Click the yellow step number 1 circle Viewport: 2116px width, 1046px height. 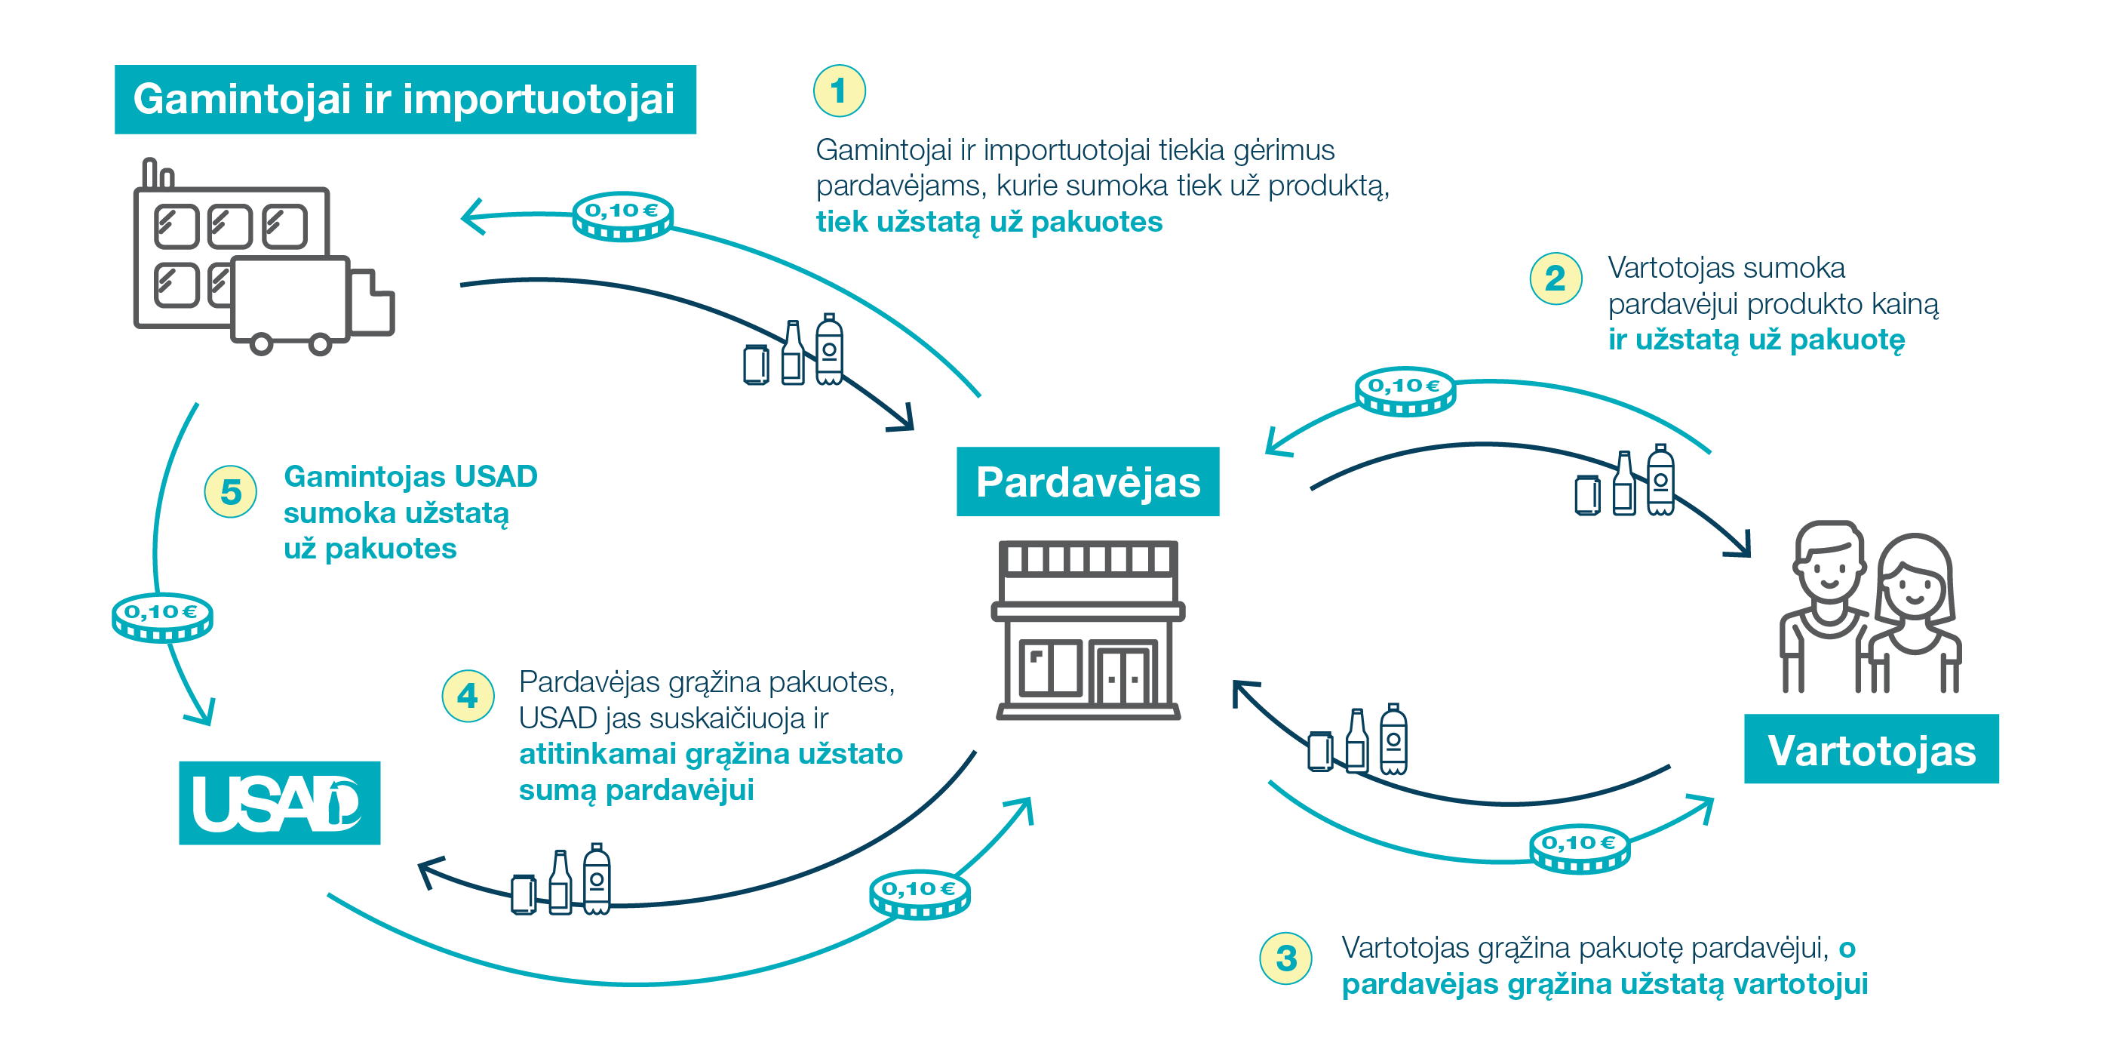point(839,91)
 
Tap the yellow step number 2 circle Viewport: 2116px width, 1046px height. point(1555,278)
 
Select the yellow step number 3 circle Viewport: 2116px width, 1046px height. point(1285,957)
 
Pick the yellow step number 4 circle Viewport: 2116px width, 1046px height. point(468,696)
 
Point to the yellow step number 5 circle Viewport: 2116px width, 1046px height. point(231,491)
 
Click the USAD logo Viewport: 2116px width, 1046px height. point(279,803)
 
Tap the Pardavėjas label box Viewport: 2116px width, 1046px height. point(1088,481)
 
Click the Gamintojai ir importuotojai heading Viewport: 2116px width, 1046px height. point(405,100)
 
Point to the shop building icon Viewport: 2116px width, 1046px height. point(1088,630)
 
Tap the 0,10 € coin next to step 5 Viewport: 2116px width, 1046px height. point(162,617)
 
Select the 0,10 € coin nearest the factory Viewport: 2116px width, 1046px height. point(622,216)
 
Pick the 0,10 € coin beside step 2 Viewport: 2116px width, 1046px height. point(1405,391)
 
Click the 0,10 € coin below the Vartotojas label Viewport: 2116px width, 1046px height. point(1579,848)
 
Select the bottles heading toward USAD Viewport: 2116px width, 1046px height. point(562,881)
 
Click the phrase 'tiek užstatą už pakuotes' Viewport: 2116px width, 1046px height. point(989,222)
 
